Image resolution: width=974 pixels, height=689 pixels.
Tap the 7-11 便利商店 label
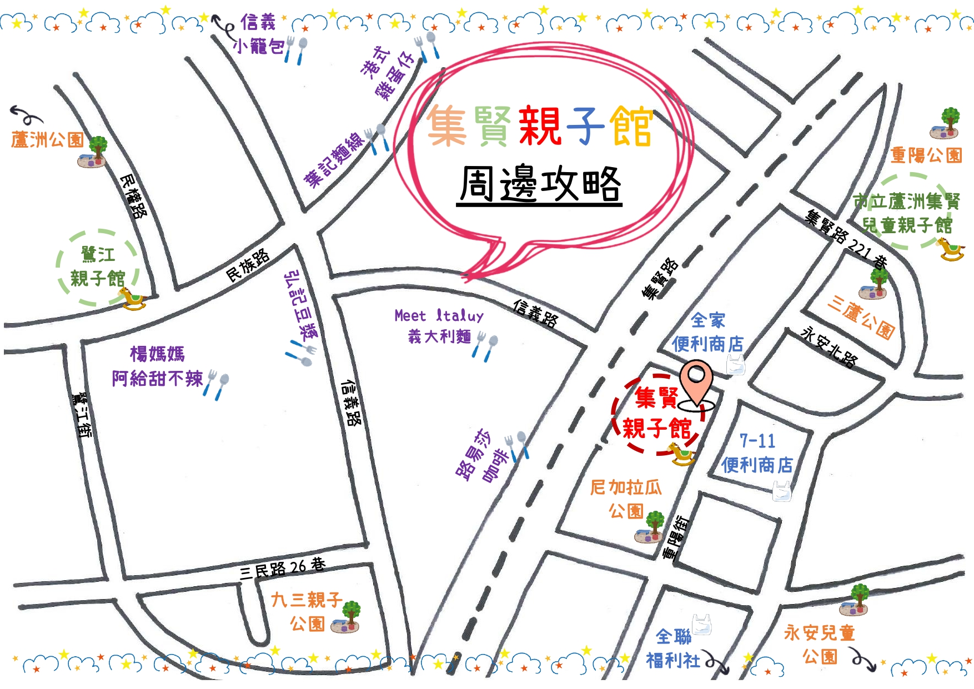pos(757,453)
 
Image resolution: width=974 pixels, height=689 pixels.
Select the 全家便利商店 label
pos(707,333)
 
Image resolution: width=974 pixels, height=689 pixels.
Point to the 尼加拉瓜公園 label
pos(626,499)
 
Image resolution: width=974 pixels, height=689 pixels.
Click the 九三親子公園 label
pos(307,611)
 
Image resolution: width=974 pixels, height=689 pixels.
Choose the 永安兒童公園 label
pos(820,644)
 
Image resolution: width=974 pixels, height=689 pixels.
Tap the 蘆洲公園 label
pos(47,139)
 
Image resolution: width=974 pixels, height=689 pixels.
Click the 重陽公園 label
pos(926,155)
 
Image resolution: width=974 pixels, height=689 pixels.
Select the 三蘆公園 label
pos(861,316)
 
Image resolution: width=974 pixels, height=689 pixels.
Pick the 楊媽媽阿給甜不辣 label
pos(158,366)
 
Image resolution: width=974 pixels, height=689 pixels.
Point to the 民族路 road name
pos(248,265)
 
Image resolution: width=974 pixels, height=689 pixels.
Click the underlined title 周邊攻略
pos(540,185)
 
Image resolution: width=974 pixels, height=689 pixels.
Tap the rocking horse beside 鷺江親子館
pos(133,298)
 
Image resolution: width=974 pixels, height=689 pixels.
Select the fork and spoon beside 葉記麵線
pos(376,139)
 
